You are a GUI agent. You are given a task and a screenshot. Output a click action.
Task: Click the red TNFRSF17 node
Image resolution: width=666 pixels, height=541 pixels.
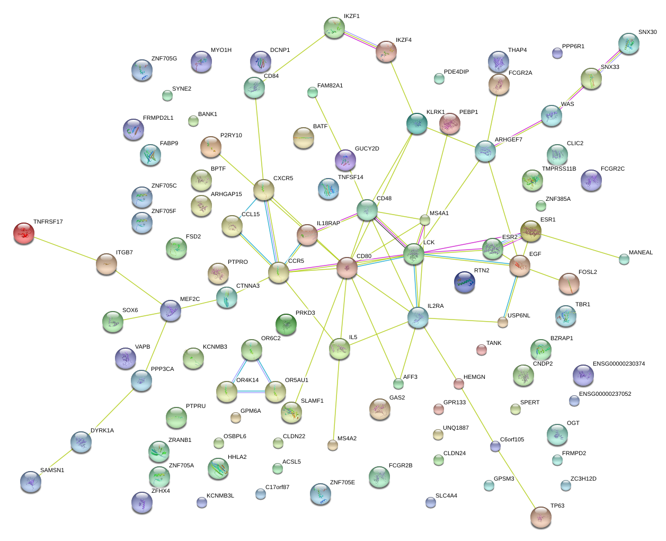[23, 233]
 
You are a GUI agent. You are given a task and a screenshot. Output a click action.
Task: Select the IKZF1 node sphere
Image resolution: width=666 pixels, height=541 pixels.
[334, 28]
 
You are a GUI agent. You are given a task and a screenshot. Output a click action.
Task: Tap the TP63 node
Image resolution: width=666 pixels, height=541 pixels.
[541, 517]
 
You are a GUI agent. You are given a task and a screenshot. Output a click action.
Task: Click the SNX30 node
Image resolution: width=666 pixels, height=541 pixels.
[629, 43]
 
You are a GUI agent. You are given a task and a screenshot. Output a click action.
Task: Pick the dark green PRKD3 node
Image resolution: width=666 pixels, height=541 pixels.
[286, 324]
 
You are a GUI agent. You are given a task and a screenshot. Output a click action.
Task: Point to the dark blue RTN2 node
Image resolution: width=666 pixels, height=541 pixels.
[465, 282]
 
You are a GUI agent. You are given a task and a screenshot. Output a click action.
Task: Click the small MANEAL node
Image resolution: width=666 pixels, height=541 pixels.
[624, 259]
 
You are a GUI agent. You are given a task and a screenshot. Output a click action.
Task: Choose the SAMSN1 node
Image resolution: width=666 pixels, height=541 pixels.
[31, 482]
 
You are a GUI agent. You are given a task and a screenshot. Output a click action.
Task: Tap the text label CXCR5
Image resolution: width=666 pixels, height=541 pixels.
[283, 179]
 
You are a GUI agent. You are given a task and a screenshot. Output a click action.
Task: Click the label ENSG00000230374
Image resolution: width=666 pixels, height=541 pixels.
[618, 364]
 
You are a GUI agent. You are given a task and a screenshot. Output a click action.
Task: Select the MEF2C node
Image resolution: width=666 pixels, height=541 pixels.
[171, 311]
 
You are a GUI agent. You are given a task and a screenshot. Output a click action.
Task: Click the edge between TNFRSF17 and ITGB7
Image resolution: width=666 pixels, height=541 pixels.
[65, 248]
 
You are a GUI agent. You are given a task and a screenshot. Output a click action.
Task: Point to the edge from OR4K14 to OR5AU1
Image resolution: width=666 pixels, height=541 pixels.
[251, 392]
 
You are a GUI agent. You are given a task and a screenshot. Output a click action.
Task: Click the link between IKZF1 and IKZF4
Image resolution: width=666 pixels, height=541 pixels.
[360, 40]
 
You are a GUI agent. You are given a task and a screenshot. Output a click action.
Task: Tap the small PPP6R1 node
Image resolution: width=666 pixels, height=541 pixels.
[557, 53]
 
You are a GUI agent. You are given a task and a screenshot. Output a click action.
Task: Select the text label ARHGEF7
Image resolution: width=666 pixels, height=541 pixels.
[508, 140]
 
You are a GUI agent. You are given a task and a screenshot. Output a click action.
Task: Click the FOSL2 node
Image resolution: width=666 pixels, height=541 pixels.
[569, 283]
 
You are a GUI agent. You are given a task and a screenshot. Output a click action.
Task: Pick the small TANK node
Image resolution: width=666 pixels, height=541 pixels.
[481, 350]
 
